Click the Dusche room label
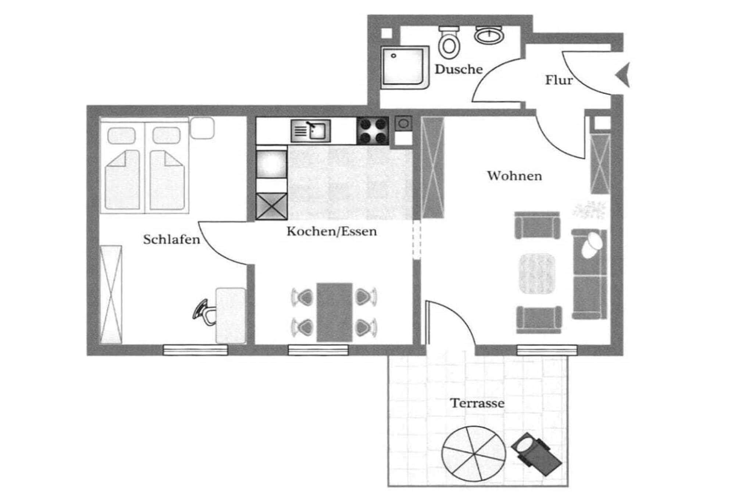[458, 69]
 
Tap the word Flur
[558, 80]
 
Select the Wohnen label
[514, 176]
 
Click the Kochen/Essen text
[332, 232]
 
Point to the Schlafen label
[171, 240]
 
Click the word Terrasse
[477, 403]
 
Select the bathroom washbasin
[489, 35]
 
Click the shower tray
[404, 67]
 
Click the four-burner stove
[372, 131]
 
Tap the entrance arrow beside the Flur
[624, 75]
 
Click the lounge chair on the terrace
[536, 455]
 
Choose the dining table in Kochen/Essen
[334, 312]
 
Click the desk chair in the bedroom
[204, 313]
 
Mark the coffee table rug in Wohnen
[537, 274]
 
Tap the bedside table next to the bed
[202, 128]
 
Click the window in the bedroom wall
[195, 350]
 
